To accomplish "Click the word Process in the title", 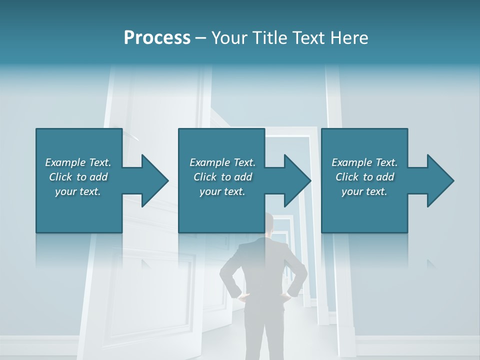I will pos(157,38).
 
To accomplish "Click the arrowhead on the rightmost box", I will pos(439,180).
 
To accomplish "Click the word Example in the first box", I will pos(65,162).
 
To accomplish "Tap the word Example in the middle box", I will pos(210,162).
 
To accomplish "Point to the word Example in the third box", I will pos(352,162).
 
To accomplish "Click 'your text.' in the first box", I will pos(78,191).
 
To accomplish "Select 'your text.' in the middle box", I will pos(222,191).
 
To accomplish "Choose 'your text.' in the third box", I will pos(364,191).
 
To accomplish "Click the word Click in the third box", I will pos(347,177).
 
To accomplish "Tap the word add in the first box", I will pos(99,177).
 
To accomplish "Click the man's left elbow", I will pos(224,280).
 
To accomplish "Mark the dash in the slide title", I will pos(201,38).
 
